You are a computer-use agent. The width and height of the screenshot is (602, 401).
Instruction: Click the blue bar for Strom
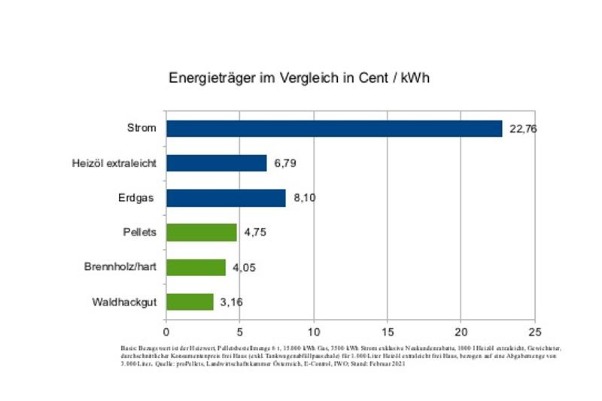pos(334,128)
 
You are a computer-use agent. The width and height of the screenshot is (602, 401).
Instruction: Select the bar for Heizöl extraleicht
pos(217,163)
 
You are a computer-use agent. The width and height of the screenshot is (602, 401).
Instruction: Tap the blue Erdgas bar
pos(226,198)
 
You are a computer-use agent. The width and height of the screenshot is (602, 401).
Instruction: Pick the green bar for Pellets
pos(202,232)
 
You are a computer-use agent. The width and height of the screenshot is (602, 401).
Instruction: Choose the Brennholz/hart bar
pos(196,267)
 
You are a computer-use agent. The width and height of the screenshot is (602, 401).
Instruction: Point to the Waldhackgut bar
pos(190,302)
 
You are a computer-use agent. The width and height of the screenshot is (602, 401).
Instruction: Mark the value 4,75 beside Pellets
pos(256,233)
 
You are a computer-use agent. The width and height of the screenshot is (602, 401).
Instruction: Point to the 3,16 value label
pos(232,302)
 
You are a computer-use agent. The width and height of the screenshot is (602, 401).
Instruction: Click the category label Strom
pos(141,128)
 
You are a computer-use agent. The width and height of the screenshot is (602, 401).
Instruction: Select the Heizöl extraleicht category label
pos(114,163)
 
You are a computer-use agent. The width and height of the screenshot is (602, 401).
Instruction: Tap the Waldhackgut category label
pos(124,301)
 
